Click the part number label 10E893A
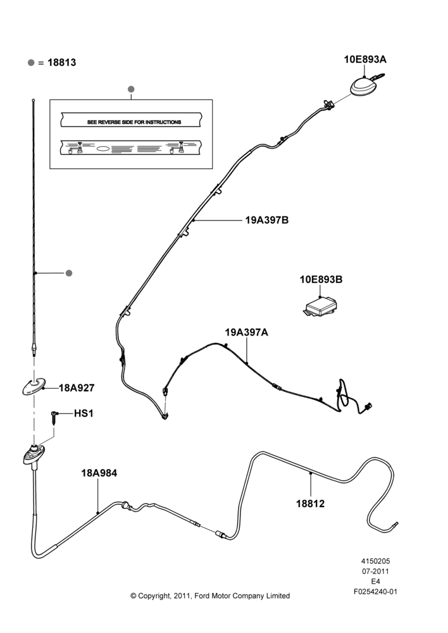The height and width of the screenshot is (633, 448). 365,60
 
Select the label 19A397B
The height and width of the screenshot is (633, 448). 267,220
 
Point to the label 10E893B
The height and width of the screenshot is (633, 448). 321,279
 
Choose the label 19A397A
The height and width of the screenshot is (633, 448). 246,332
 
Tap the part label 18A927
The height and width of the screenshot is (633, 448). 77,388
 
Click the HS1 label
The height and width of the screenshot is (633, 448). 84,414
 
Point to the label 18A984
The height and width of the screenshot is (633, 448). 99,473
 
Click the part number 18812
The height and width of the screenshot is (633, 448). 310,504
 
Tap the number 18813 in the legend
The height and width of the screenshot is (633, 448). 62,63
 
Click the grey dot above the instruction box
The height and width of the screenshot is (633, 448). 130,89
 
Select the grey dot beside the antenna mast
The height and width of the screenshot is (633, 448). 68,273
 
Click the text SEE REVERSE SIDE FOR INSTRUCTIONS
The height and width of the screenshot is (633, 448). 134,122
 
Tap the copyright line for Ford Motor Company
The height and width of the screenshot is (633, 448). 210,596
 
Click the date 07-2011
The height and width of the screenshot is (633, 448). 375,571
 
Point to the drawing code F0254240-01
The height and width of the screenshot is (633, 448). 375,592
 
